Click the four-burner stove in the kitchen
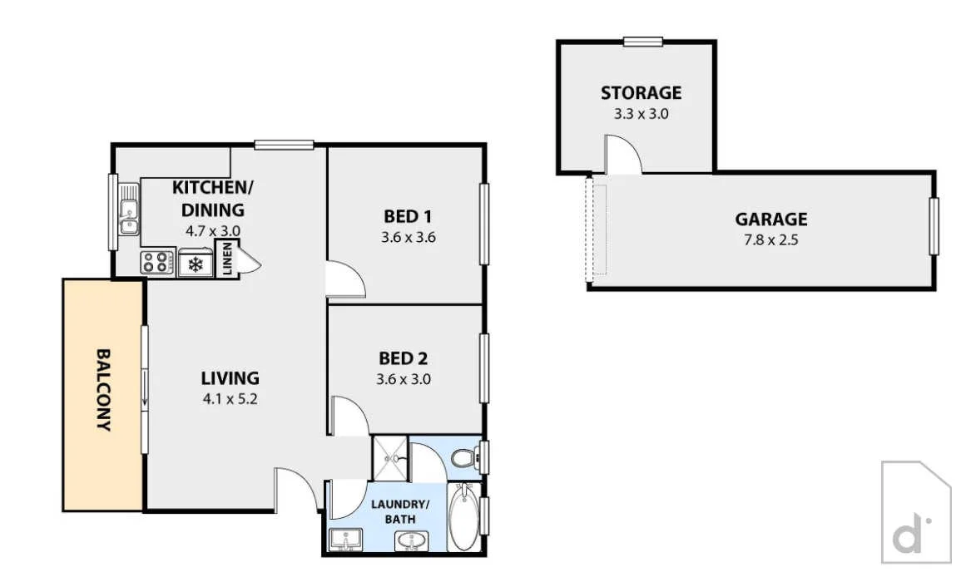[x=155, y=263]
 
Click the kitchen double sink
[x=129, y=210]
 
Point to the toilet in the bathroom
[x=464, y=457]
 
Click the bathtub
[x=463, y=519]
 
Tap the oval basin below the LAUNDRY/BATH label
[x=408, y=541]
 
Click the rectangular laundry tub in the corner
[x=344, y=540]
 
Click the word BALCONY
[x=103, y=389]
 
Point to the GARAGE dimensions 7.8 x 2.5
[x=770, y=240]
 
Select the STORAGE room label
[x=641, y=92]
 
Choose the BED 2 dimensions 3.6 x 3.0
[x=404, y=380]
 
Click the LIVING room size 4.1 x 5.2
[x=230, y=399]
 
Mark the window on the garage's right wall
[x=934, y=226]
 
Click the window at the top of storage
[x=643, y=42]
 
